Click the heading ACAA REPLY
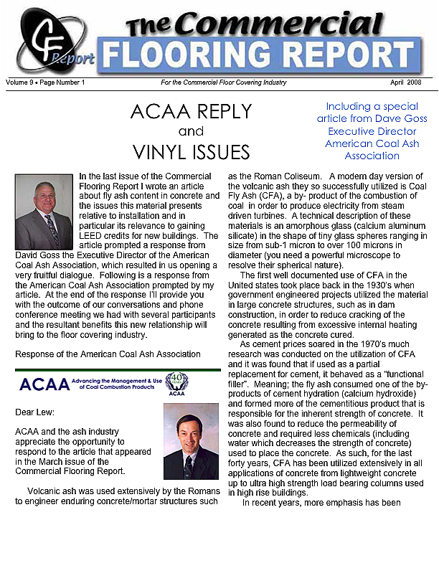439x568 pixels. point(191,112)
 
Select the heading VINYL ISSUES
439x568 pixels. point(191,152)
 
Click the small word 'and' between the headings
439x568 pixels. point(191,132)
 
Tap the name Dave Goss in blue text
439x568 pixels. point(402,118)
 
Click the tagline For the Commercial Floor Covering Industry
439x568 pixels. point(223,82)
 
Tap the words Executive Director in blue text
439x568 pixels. point(372,131)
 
